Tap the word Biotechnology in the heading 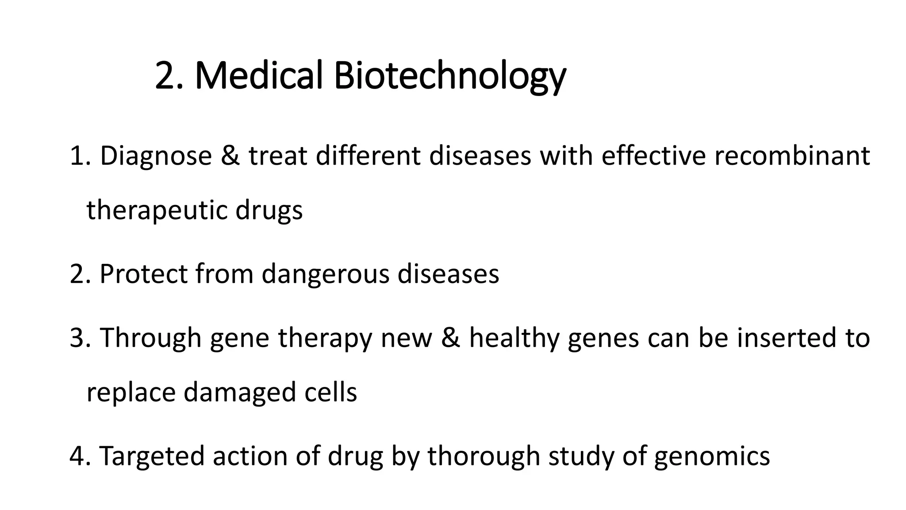[449, 76]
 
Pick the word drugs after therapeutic [269, 211]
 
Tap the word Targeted [152, 456]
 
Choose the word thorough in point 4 [484, 456]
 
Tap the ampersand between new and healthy [450, 338]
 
